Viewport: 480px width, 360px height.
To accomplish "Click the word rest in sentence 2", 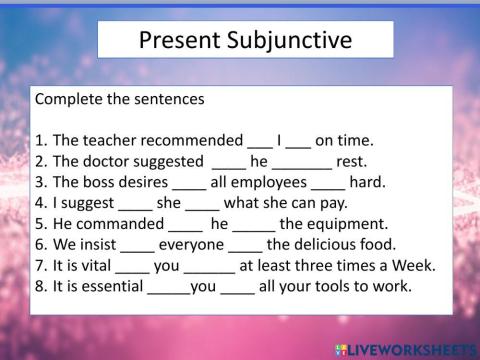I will click(353, 162).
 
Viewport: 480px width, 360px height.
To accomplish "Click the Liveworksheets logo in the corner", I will click(410, 347).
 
